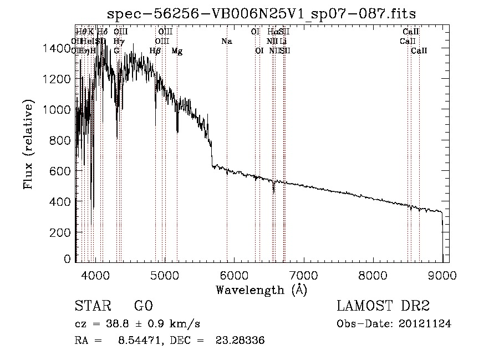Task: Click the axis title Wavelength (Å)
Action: click(261, 289)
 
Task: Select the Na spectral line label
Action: click(226, 42)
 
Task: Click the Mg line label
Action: click(177, 51)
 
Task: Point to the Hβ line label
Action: click(155, 51)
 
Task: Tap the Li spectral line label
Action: click(283, 42)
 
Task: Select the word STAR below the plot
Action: click(91, 306)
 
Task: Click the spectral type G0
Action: click(143, 306)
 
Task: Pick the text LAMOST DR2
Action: click(383, 306)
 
